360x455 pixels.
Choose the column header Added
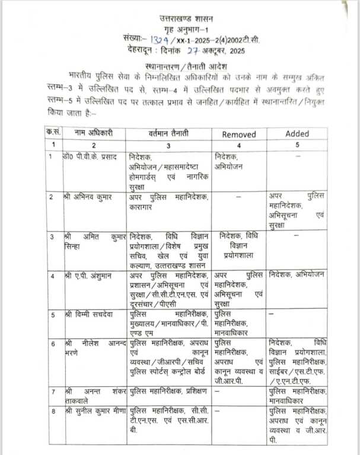click(x=297, y=134)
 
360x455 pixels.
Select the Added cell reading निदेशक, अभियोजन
click(x=297, y=275)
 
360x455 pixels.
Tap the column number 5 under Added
click(x=297, y=145)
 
